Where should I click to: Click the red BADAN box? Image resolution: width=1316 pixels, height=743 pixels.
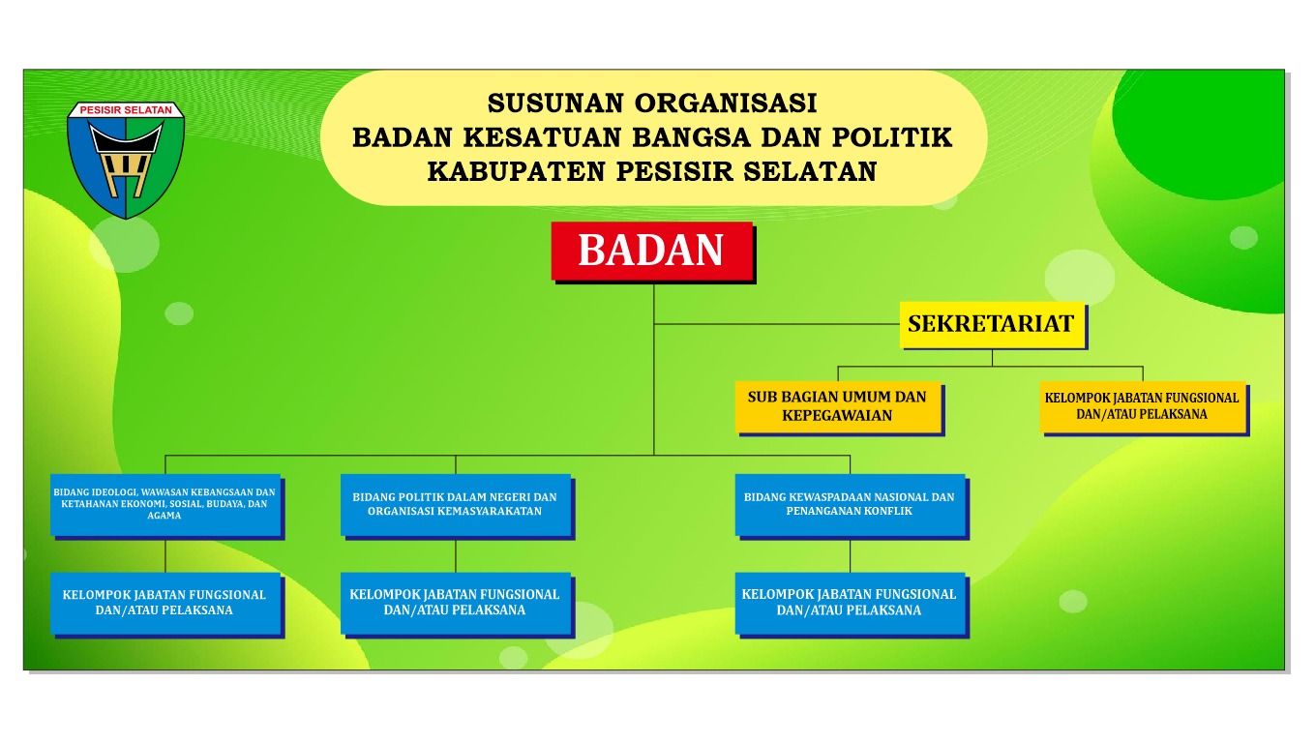coord(652,251)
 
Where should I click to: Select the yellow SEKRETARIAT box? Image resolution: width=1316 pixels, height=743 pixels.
coord(992,324)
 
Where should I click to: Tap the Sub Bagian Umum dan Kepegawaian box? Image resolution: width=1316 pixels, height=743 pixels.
coord(838,406)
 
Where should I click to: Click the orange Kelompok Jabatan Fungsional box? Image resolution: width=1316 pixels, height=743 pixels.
coord(1143,406)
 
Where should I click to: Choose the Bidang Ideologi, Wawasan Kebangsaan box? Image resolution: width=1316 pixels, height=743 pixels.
coord(165,505)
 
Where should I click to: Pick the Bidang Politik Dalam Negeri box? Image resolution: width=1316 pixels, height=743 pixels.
coord(456,505)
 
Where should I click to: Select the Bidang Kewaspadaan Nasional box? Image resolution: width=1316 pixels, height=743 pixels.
coord(851,505)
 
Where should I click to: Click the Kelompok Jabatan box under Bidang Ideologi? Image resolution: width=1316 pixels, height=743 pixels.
coord(165,604)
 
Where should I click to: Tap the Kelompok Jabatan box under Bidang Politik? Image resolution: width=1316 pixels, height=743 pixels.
coord(456,604)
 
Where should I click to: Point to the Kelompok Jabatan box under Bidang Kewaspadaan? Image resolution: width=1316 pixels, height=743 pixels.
coord(851,604)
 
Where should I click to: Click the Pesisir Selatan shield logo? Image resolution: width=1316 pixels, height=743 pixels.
coord(126,160)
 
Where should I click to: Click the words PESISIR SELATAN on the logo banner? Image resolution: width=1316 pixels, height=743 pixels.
coord(126,110)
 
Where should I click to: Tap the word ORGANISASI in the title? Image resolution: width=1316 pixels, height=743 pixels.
coord(726,104)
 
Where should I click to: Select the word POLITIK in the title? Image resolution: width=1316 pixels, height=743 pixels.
coord(892,137)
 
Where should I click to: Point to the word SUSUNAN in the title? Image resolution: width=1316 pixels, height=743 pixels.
coord(555,104)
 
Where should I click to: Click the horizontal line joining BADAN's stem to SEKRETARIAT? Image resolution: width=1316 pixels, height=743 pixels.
coord(777,324)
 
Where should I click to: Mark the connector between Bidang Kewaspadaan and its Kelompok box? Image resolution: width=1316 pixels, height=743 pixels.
coord(851,555)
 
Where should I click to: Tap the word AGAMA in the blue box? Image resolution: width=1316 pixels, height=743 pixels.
coord(164,516)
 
